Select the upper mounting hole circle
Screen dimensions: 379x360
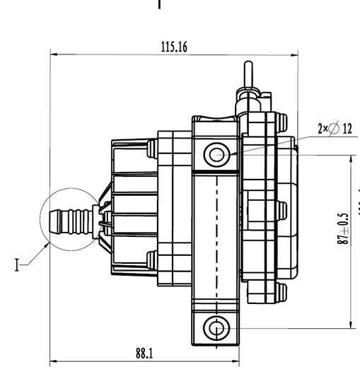[216, 153]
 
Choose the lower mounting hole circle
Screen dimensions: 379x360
[216, 327]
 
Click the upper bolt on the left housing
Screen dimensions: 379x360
[151, 148]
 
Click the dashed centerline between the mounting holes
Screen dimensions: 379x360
[216, 240]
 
